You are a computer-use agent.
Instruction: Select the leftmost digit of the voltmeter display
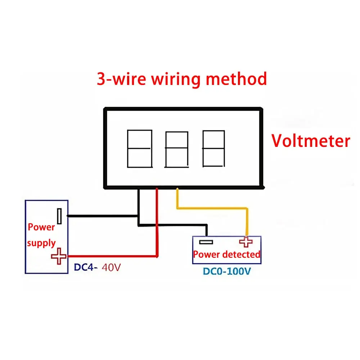[139, 149]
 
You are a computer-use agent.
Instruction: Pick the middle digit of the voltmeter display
[176, 149]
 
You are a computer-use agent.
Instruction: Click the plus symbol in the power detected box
[246, 242]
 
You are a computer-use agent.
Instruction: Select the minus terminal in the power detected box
[206, 242]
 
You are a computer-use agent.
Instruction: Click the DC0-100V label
[226, 271]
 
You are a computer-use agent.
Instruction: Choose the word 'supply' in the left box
[41, 243]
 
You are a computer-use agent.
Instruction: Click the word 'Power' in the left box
[41, 227]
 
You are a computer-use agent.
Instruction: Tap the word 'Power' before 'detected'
[206, 255]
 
